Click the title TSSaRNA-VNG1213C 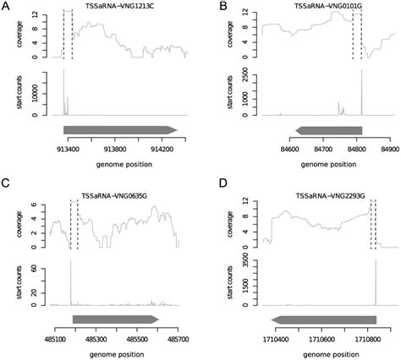115,6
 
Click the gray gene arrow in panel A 119,129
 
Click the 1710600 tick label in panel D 321,335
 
